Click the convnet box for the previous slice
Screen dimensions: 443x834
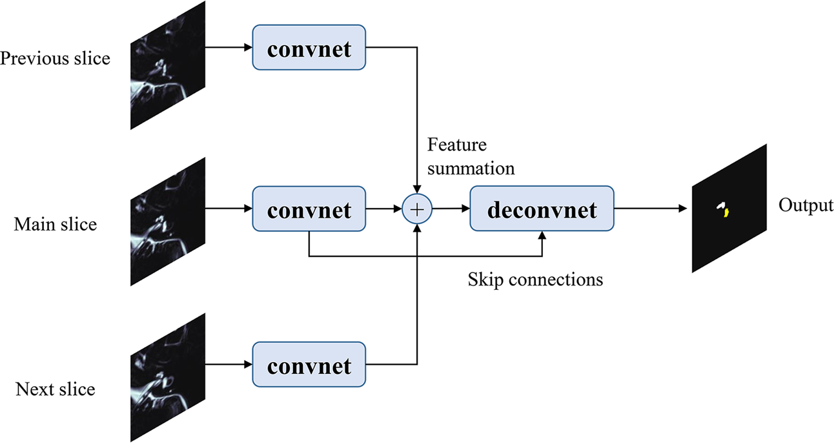(x=309, y=48)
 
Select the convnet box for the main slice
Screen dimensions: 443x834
(x=309, y=209)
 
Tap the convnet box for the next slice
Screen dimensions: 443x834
(x=309, y=366)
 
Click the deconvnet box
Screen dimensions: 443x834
(x=542, y=209)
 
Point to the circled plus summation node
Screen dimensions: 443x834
(x=417, y=209)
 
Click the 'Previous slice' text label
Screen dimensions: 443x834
(x=56, y=59)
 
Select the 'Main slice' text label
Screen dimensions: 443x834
(x=56, y=224)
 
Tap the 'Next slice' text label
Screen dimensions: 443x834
(x=56, y=389)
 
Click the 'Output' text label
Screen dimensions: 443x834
(x=805, y=205)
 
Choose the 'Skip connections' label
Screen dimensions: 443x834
(x=535, y=280)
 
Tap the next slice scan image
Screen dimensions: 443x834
(x=168, y=378)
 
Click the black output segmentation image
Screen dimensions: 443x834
(x=729, y=208)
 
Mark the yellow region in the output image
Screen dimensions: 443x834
(x=726, y=212)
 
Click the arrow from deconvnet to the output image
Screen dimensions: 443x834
(x=652, y=209)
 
